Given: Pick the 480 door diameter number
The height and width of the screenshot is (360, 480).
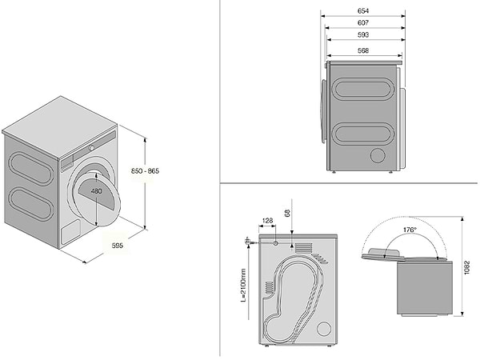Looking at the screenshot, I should [96, 192].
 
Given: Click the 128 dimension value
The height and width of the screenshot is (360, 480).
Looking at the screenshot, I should [267, 220].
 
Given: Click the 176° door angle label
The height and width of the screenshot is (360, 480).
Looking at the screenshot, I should [410, 230].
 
